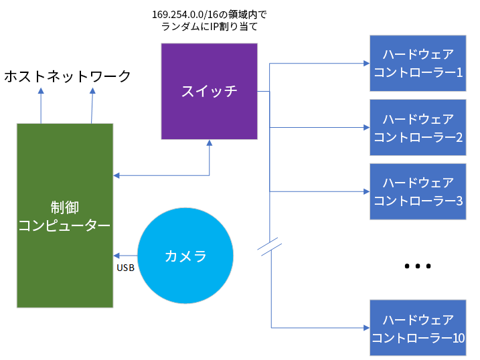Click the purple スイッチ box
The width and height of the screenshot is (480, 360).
click(209, 91)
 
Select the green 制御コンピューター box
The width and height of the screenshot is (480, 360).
click(64, 215)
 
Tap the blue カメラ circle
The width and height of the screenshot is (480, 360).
click(185, 256)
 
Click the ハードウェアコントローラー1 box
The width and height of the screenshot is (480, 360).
click(418, 62)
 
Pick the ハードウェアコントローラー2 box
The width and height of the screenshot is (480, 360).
click(418, 128)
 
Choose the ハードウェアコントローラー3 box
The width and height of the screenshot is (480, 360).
click(418, 191)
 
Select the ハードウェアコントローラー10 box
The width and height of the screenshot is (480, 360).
click(418, 328)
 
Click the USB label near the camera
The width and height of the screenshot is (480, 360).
click(125, 268)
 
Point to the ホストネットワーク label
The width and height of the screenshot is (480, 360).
click(67, 76)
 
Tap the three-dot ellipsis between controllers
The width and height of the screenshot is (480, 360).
click(417, 266)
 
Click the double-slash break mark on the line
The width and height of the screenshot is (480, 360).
click(269, 246)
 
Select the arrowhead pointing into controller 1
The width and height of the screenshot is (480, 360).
click(366, 64)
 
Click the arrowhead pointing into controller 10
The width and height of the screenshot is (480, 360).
click(366, 328)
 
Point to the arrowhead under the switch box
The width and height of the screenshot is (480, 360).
click(210, 144)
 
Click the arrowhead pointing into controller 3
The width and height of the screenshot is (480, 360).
click(366, 191)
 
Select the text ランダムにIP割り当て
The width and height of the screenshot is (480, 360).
click(209, 27)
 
